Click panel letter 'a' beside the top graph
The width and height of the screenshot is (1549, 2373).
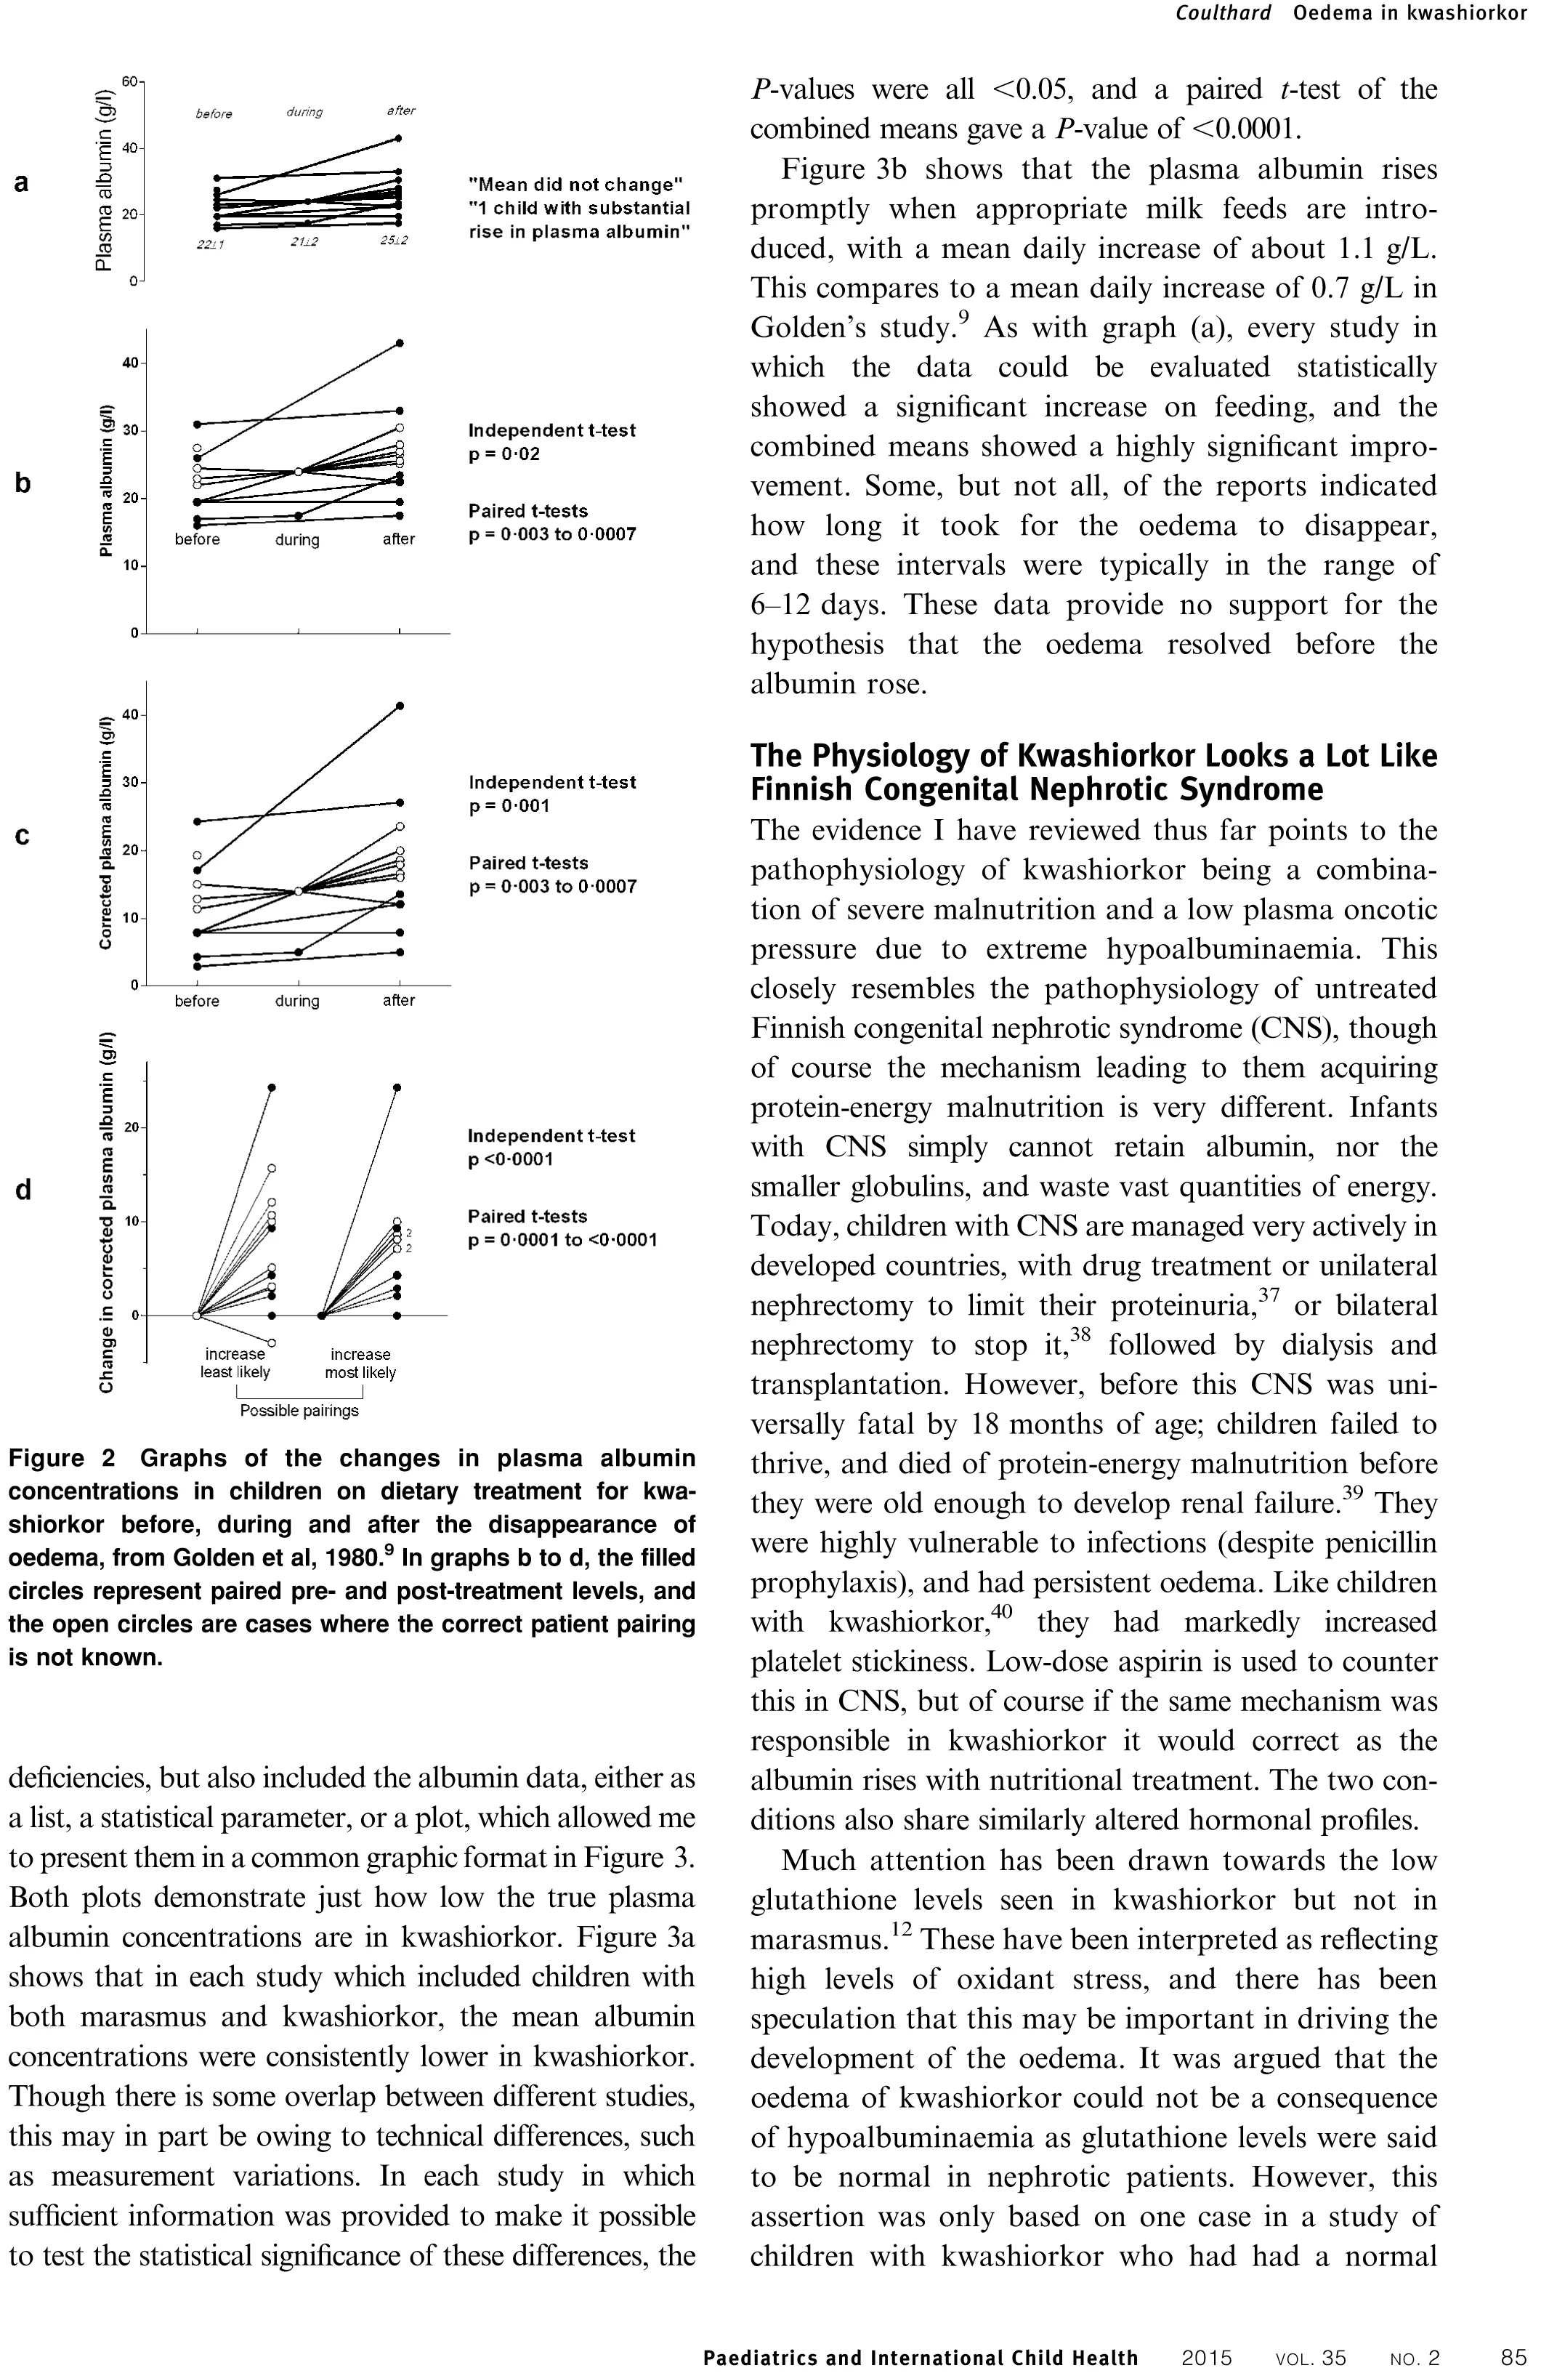(x=21, y=182)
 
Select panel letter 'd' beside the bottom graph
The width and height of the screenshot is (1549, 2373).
(x=23, y=1190)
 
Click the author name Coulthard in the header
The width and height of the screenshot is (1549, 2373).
(x=1222, y=13)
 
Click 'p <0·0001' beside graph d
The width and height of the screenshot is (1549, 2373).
(x=510, y=1159)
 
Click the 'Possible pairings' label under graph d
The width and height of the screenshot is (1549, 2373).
(x=299, y=1411)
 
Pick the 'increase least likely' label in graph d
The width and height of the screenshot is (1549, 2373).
(x=235, y=1363)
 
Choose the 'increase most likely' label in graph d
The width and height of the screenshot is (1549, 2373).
(x=360, y=1363)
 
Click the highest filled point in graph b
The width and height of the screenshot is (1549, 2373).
(x=400, y=343)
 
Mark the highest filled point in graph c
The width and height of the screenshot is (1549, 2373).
(x=400, y=706)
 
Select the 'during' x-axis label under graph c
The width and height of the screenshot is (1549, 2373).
(x=297, y=1000)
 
